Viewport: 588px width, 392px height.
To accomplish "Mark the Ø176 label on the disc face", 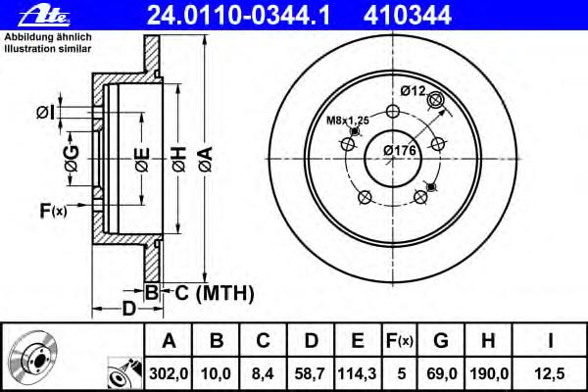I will [x=400, y=150].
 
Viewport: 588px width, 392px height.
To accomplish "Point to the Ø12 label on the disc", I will [x=413, y=90].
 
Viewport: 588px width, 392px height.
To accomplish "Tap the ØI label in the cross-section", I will [x=45, y=110].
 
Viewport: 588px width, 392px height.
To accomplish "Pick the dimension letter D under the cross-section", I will [x=127, y=311].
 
